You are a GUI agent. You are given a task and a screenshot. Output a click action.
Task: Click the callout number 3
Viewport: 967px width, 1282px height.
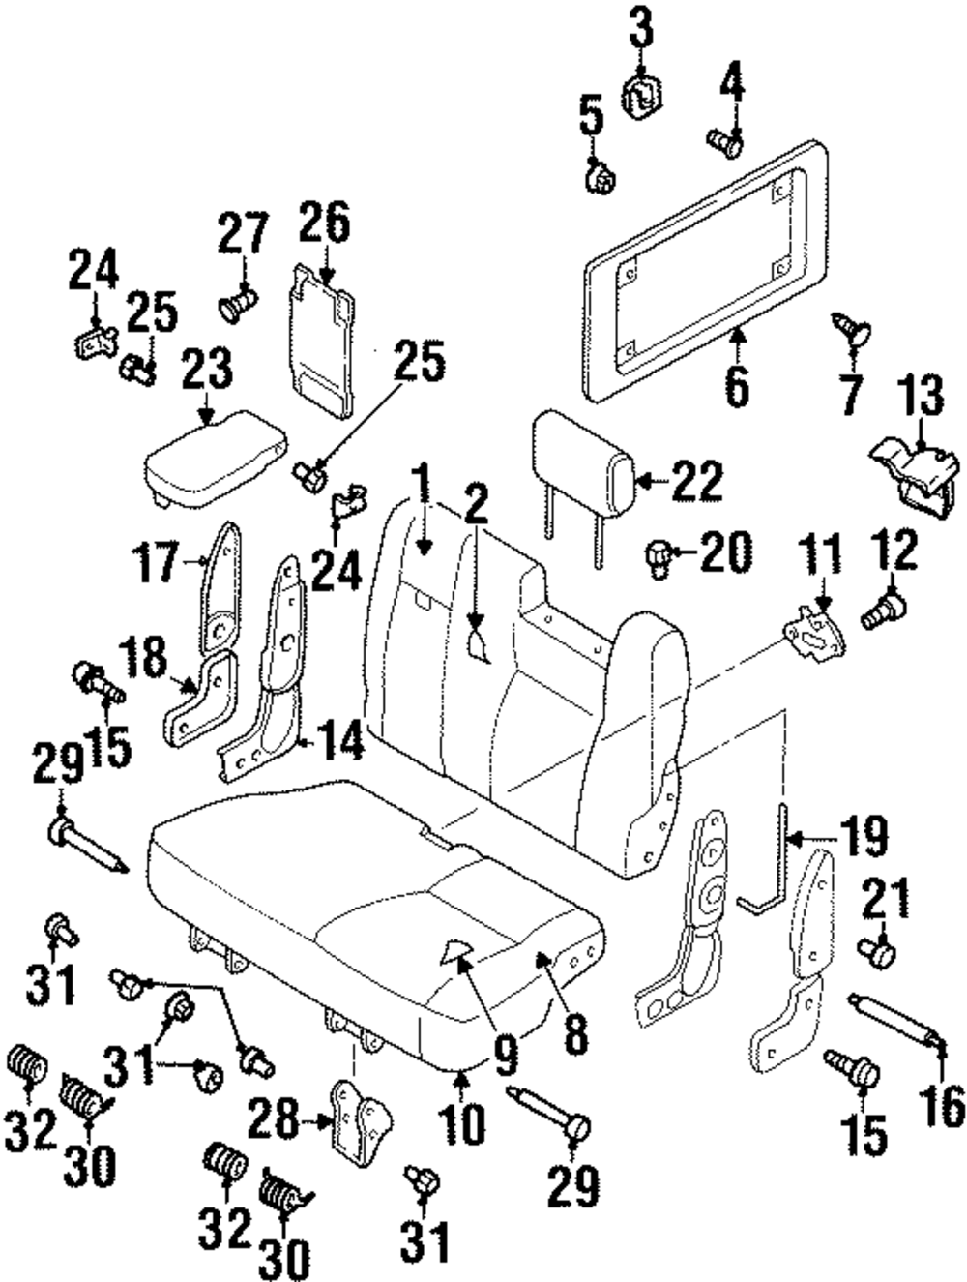(x=641, y=26)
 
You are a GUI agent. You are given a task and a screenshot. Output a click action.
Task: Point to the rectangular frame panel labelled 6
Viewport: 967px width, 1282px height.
(x=705, y=272)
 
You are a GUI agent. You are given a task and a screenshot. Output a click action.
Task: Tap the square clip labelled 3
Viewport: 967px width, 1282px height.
(x=642, y=99)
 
